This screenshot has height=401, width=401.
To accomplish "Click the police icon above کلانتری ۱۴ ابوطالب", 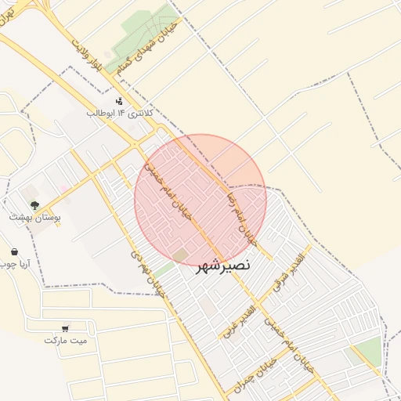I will [119, 100].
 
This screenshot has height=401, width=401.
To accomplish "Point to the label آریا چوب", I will [15, 264].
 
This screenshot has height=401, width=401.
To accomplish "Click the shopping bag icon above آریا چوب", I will [14, 251].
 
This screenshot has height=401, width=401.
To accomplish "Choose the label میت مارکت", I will [66, 341].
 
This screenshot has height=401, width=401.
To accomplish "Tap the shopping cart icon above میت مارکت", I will [65, 328].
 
